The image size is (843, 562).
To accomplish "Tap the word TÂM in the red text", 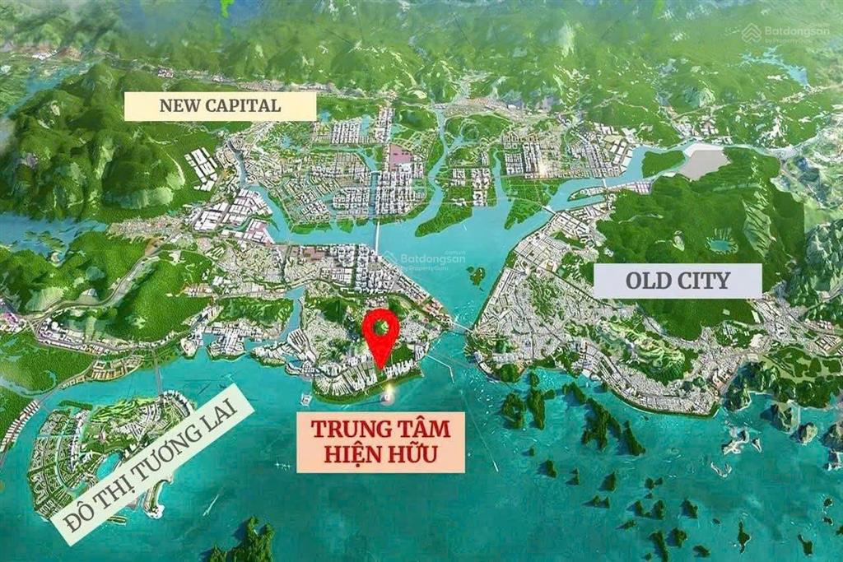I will click(x=421, y=430).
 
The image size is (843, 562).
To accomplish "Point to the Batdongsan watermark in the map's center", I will click(x=431, y=259).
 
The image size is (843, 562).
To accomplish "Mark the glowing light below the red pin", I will click(x=386, y=400).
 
